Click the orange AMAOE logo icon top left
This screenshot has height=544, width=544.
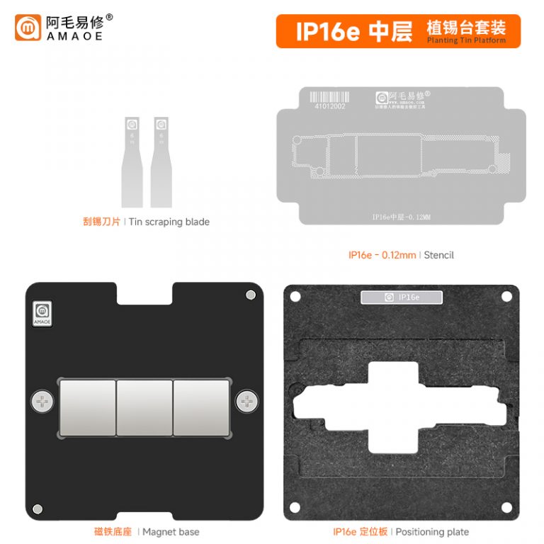(x=28, y=28)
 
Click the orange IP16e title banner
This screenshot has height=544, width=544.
(x=397, y=32)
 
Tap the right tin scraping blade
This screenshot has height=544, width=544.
(x=161, y=162)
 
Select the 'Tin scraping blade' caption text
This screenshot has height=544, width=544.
(x=169, y=222)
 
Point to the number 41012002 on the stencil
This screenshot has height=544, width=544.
(x=330, y=107)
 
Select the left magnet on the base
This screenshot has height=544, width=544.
(x=88, y=407)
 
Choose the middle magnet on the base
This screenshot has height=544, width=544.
(x=144, y=407)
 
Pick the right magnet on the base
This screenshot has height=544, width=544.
(x=201, y=407)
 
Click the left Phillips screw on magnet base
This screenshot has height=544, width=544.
(x=42, y=402)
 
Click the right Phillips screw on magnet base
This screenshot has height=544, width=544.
(x=248, y=402)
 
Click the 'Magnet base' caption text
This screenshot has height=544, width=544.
(x=171, y=532)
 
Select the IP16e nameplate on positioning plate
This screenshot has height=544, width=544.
(x=402, y=297)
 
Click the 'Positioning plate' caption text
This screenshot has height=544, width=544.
(x=432, y=532)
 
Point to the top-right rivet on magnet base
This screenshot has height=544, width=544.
(x=249, y=295)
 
